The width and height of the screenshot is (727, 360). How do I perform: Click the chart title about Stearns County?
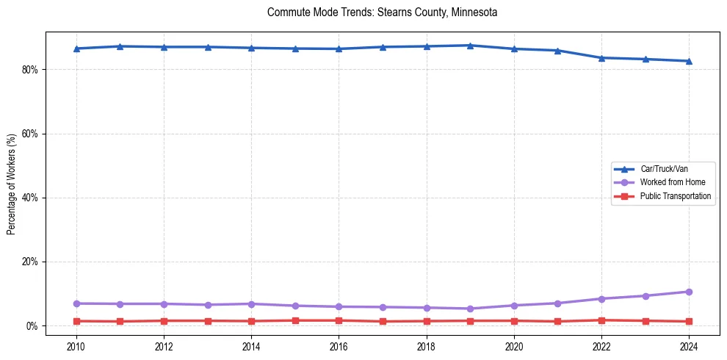[x=382, y=12]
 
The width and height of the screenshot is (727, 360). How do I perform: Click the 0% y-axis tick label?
[x=32, y=326]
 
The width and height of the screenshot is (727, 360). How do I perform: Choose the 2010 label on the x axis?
[x=76, y=345]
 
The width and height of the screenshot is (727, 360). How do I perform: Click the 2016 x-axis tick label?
[x=339, y=345]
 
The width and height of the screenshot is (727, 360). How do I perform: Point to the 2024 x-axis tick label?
[x=689, y=345]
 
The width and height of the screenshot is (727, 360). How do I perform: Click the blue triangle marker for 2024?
[x=689, y=61]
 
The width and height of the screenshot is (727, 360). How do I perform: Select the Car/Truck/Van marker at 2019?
[x=470, y=46]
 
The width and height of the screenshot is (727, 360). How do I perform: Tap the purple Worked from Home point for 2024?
[x=689, y=292]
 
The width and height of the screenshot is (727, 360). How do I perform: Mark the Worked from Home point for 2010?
[x=76, y=303]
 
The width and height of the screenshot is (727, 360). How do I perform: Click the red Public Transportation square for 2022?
[x=601, y=320]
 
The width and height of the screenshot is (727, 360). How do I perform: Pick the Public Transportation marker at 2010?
[x=76, y=321]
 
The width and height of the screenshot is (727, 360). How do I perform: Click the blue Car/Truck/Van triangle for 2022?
[x=601, y=57]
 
